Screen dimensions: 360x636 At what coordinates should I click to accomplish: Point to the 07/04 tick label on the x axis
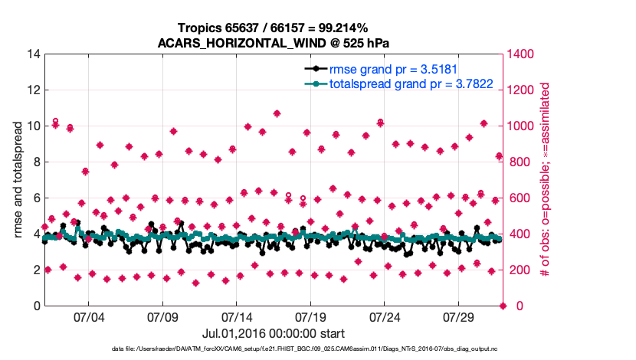(x=88, y=317)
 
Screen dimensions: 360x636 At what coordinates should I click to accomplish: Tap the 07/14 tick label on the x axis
(x=237, y=317)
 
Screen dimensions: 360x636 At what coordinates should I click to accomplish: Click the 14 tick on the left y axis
(x=33, y=54)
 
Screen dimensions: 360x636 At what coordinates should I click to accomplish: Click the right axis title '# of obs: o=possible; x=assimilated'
(x=546, y=180)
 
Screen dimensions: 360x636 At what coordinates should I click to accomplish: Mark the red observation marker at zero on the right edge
(x=503, y=306)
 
